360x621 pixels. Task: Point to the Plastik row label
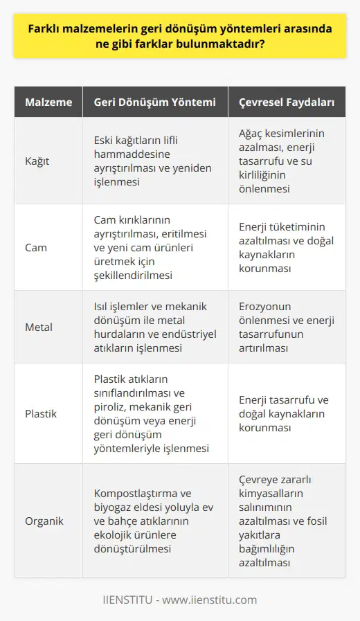42,413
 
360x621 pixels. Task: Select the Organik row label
45,520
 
